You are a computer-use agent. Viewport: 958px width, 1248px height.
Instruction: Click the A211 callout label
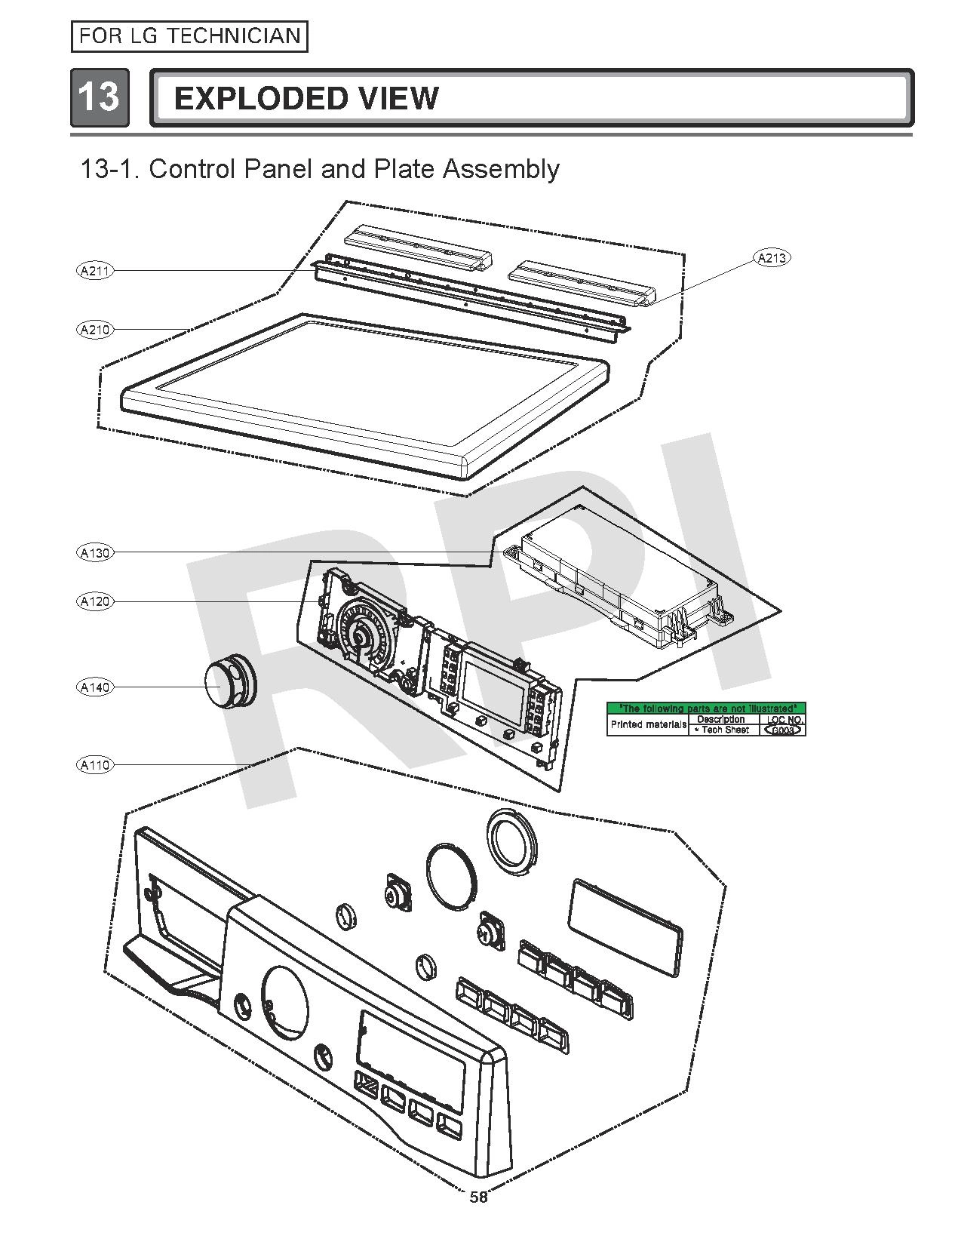coord(95,270)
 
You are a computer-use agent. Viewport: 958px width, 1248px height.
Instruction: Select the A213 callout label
coord(771,258)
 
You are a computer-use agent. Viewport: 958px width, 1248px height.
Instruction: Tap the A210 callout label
coord(95,329)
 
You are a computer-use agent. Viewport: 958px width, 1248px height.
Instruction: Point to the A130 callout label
coord(95,552)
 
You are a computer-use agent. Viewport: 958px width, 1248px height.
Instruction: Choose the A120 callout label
coord(95,601)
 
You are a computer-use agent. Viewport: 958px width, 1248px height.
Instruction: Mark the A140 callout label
coord(95,687)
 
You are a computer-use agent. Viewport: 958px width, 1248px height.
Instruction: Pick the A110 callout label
coord(95,764)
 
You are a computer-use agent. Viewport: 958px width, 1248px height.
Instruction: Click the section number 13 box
coord(100,97)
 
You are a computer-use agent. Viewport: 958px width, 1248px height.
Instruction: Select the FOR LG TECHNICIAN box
coord(189,36)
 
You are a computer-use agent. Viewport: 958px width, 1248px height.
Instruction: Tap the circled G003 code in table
coord(782,730)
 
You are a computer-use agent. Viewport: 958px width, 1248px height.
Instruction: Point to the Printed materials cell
coord(648,724)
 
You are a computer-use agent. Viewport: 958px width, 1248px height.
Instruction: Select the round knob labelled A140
coord(228,684)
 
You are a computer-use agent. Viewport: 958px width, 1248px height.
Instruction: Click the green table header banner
coord(706,708)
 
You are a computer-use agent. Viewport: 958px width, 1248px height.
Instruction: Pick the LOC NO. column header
coord(785,719)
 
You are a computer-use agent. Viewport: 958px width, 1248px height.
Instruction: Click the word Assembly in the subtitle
coord(501,168)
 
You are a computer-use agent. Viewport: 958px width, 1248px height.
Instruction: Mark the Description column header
coord(721,719)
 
